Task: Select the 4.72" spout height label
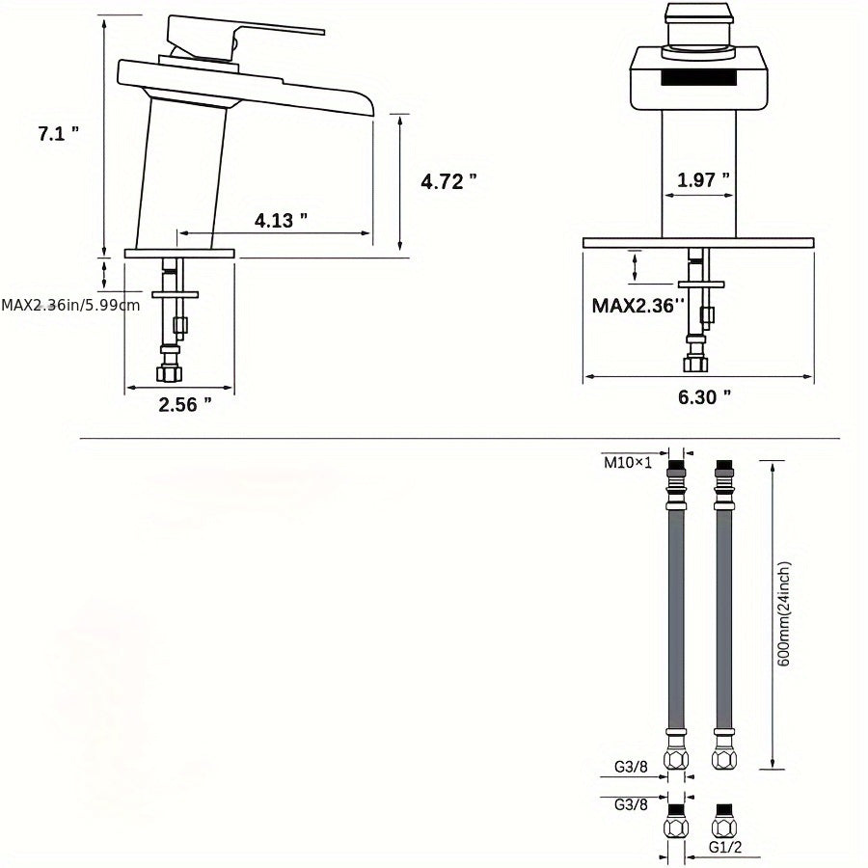[x=448, y=180]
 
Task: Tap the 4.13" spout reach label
[x=281, y=220]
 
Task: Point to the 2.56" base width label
[x=184, y=404]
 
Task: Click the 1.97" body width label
[x=702, y=179]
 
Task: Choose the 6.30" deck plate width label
[x=703, y=395]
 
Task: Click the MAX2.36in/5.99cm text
[x=70, y=305]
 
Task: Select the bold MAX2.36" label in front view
[x=637, y=305]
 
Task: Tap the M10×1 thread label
[x=627, y=461]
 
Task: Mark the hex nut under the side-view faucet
[x=170, y=373]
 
